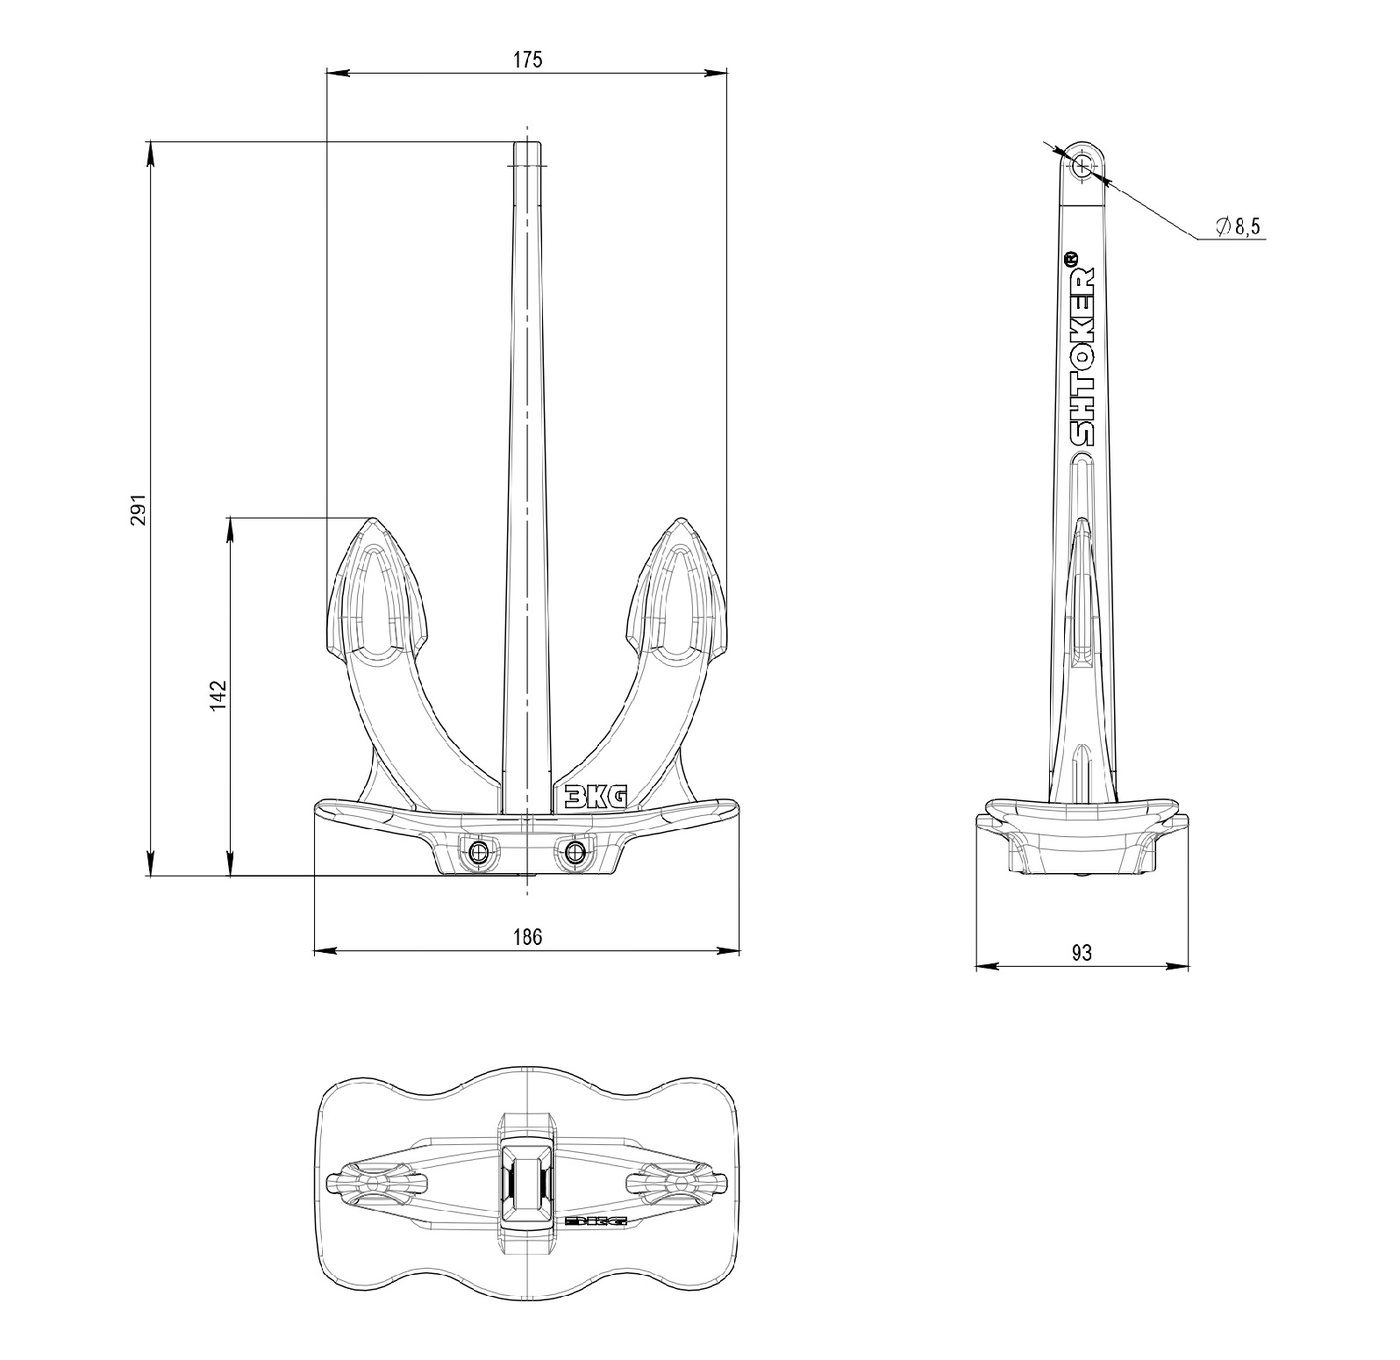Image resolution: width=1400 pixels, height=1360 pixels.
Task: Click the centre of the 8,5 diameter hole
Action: [1083, 165]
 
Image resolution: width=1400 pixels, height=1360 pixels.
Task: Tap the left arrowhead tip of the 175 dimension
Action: [326, 74]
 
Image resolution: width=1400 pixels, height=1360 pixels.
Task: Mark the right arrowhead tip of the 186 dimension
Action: [739, 950]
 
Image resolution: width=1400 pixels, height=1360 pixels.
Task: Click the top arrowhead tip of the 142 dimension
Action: [231, 518]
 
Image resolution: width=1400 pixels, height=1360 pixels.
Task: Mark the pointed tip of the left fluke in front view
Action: [375, 519]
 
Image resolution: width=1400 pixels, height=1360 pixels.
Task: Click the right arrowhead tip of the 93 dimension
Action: [1189, 967]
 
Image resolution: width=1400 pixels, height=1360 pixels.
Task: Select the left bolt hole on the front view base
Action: [479, 852]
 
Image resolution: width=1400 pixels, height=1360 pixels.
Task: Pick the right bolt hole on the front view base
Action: [575, 852]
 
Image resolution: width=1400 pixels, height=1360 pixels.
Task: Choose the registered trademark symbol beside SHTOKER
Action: [1071, 260]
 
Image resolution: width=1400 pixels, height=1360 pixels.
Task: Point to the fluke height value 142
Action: [218, 693]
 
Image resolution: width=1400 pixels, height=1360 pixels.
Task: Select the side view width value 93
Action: [1082, 953]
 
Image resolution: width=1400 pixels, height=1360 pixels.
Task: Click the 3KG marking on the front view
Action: [596, 796]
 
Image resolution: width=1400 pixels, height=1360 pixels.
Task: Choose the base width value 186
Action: [527, 936]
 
